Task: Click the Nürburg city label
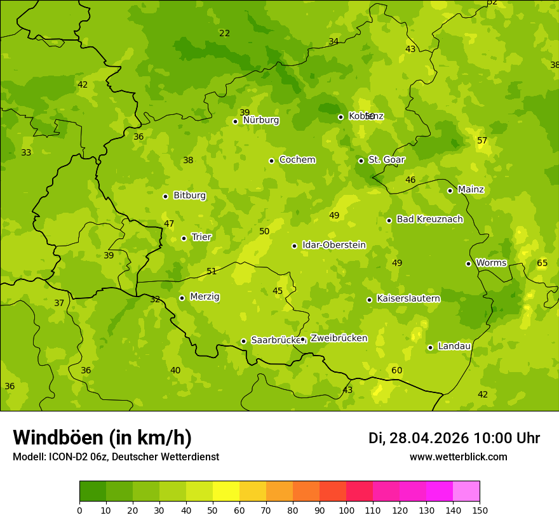[260, 120]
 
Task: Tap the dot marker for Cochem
[271, 161]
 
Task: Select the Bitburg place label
[189, 196]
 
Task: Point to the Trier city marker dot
[184, 238]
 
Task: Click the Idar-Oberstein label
[333, 245]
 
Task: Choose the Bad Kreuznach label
[429, 219]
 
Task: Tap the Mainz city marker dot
[450, 190]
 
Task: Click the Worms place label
[491, 263]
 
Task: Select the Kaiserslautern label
[408, 298]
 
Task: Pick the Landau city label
[454, 346]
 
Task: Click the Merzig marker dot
[182, 298]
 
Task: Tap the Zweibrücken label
[339, 338]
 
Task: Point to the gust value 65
[542, 263]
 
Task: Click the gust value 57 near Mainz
[482, 140]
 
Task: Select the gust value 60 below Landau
[396, 370]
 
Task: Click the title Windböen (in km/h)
[102, 437]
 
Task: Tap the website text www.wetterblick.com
[458, 457]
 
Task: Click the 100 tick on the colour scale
[346, 509]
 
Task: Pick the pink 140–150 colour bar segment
[466, 491]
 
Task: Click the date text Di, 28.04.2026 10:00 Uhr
[454, 438]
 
